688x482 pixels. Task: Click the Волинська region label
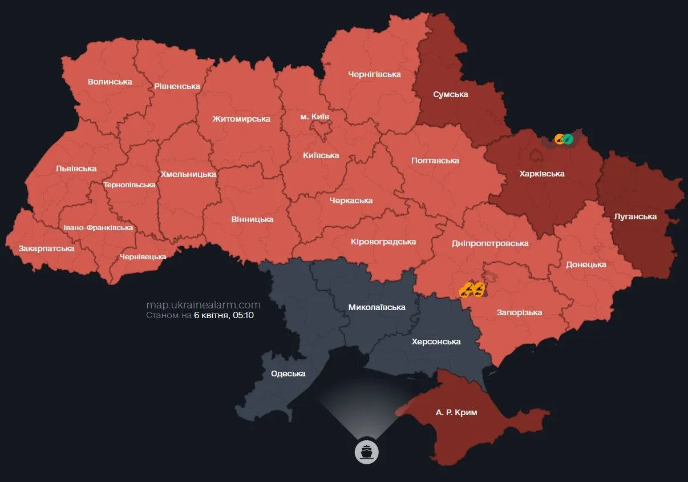(110, 82)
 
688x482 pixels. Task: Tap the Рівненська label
(177, 86)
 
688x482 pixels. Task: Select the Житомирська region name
(241, 119)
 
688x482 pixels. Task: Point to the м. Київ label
(314, 117)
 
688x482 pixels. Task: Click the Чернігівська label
(374, 74)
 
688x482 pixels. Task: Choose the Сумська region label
(450, 94)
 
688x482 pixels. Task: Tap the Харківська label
(542, 174)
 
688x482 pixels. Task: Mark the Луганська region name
(636, 216)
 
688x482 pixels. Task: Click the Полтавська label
(435, 160)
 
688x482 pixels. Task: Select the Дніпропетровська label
(489, 243)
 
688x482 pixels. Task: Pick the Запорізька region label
(519, 312)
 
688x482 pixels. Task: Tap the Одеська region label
(288, 373)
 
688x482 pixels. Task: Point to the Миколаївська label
(377, 307)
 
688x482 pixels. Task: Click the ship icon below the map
(366, 452)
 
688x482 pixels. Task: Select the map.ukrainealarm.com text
(203, 305)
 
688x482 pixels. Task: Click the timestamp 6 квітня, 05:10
(224, 315)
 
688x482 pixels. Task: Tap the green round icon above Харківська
(568, 138)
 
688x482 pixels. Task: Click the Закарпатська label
(46, 248)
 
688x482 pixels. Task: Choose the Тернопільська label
(129, 185)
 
